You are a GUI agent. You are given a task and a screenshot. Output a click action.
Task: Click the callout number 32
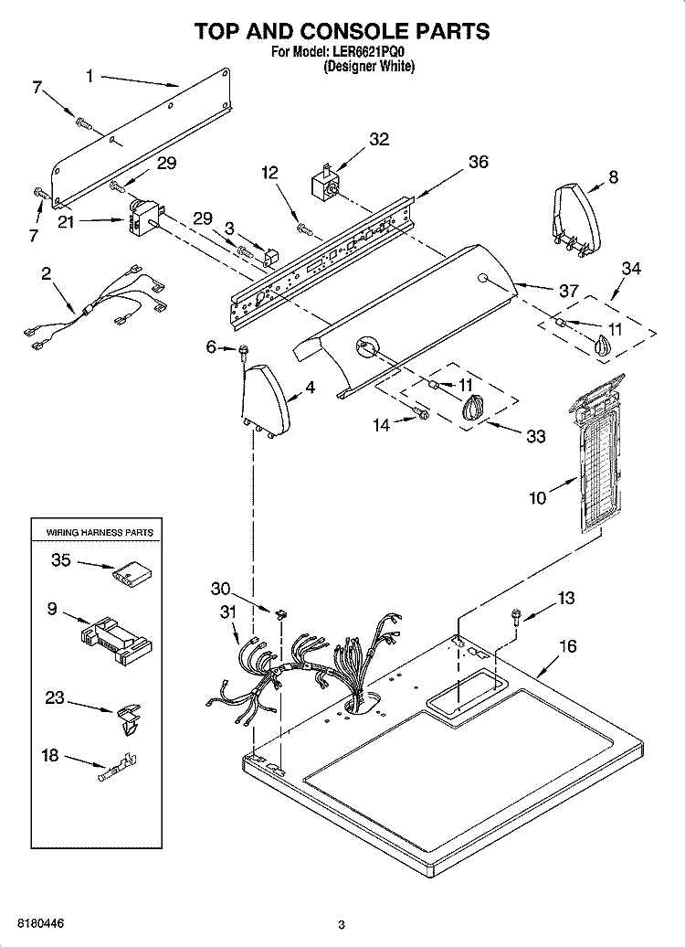tap(379, 139)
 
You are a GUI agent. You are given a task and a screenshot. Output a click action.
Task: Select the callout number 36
tap(478, 162)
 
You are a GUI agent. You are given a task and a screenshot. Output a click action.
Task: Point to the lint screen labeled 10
tap(597, 455)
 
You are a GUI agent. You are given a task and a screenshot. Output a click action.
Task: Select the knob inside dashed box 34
tap(601, 346)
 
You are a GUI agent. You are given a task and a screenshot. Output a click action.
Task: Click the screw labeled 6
tap(245, 352)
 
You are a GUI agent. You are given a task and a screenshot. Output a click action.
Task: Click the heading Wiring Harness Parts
tap(100, 533)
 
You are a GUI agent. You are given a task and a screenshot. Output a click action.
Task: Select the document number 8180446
tap(41, 924)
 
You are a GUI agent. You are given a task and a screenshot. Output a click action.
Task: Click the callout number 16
tap(567, 646)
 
